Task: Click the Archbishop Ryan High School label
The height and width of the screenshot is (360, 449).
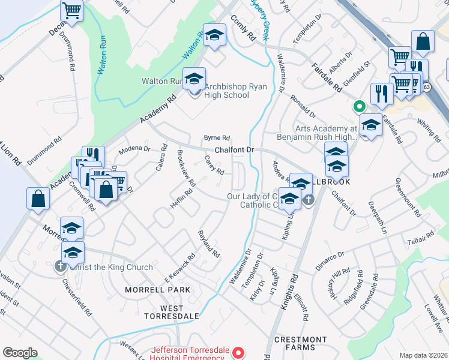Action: click(226, 90)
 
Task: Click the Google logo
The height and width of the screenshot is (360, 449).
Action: click(20, 353)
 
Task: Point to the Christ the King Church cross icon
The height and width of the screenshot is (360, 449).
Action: click(60, 266)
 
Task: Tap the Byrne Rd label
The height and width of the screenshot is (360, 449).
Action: click(217, 138)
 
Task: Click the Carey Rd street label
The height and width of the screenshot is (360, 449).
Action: click(214, 166)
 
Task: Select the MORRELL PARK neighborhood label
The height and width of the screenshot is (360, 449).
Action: click(157, 290)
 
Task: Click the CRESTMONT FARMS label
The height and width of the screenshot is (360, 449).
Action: click(299, 343)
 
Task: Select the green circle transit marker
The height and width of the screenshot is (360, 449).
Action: click(360, 107)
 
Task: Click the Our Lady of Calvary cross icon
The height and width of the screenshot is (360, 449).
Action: click(309, 200)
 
